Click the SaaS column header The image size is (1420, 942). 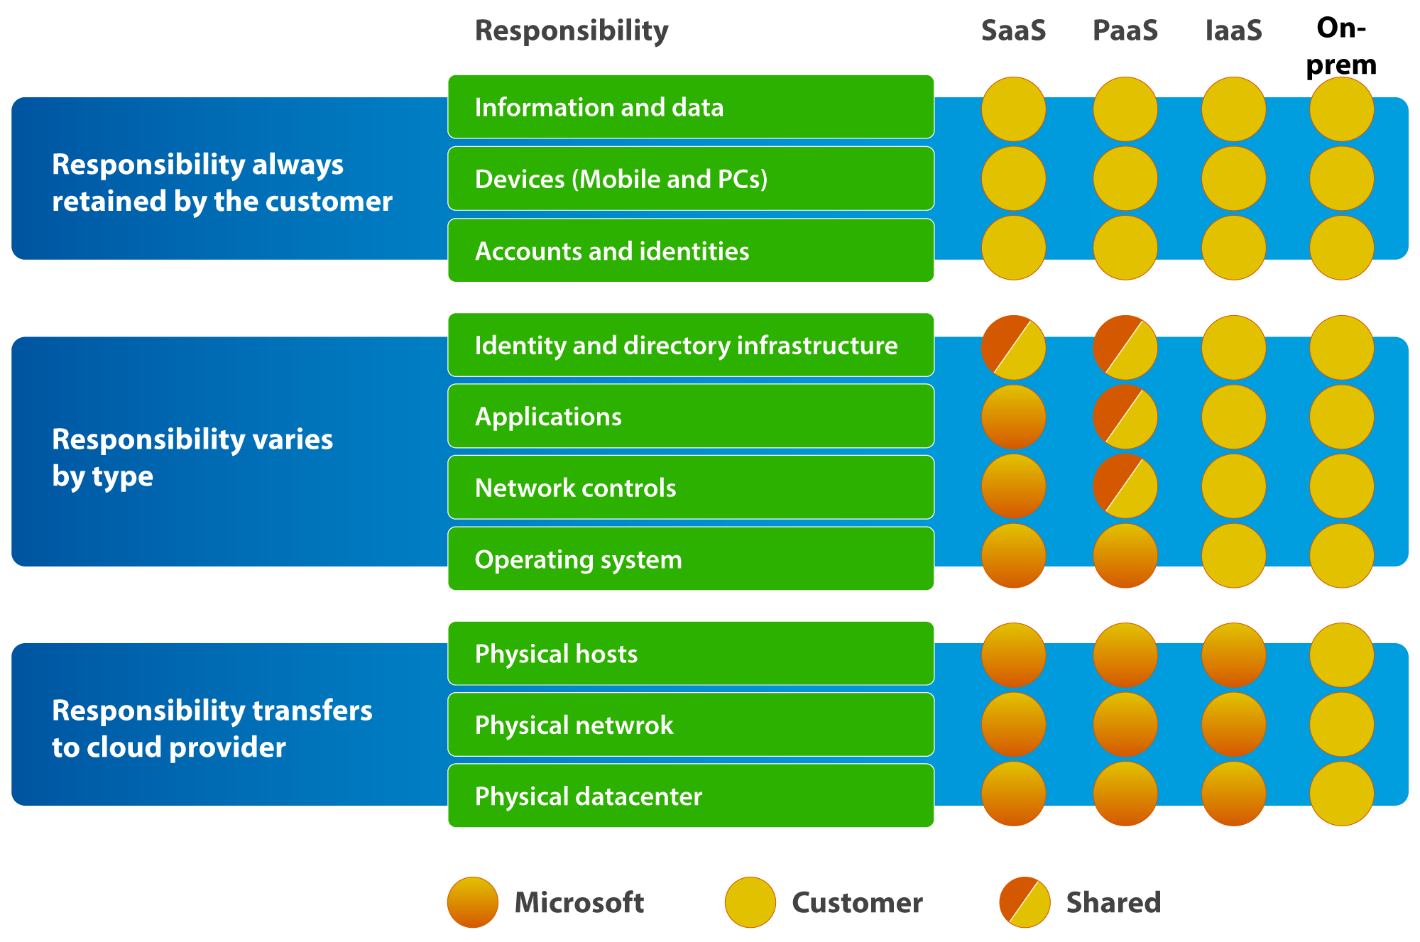(x=1013, y=31)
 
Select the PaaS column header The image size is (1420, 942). (x=1125, y=31)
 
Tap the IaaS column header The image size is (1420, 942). (x=1233, y=31)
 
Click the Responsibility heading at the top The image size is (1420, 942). (x=572, y=31)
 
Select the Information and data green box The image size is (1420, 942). (x=690, y=106)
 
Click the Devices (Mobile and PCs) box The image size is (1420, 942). (x=690, y=179)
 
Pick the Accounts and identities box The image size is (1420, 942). (x=690, y=251)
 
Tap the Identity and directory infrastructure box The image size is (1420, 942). (x=690, y=345)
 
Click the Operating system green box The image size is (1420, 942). (x=690, y=559)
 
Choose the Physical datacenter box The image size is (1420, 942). (x=690, y=796)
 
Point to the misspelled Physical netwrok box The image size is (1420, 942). (x=690, y=725)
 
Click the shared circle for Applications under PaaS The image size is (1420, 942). (x=1125, y=417)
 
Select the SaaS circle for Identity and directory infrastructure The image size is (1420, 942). (x=1013, y=347)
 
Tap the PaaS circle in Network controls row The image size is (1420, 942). (x=1125, y=486)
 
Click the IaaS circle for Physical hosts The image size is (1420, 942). (x=1233, y=655)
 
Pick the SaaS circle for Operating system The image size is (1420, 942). (x=1013, y=556)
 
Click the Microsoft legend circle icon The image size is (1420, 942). (x=472, y=902)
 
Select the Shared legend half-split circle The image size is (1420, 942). (x=1025, y=902)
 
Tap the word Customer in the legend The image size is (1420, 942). (x=857, y=902)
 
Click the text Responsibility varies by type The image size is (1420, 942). (x=192, y=458)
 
